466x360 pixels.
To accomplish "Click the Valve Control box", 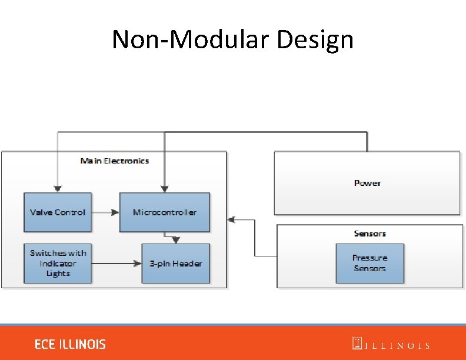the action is coord(58,212).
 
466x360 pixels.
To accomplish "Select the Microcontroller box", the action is coord(165,212).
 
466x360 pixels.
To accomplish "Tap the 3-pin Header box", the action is coord(176,264).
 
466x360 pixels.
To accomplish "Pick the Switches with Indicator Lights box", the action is coord(58,264).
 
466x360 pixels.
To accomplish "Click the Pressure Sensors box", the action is coord(370,264).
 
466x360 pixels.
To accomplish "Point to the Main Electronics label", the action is coord(115,161).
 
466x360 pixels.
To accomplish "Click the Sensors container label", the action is coord(370,234).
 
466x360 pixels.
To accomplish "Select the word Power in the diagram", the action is coord(368,183).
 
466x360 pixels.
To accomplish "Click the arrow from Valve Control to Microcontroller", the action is coord(105,212).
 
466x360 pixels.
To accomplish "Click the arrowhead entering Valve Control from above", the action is coord(57,189).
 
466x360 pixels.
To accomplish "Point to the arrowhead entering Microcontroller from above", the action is coord(164,189).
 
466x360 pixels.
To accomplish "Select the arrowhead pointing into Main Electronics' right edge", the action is coord(231,219).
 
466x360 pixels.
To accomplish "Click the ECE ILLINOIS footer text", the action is coord(70,344).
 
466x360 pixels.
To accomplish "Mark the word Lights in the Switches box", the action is coord(58,274).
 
